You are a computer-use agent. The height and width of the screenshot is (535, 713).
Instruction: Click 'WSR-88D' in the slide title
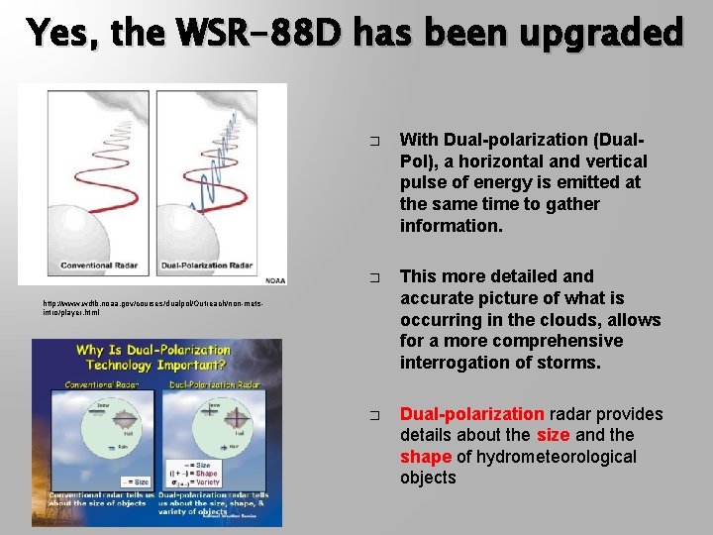click(x=277, y=34)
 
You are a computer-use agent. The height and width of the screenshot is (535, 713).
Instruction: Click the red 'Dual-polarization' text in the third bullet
click(x=471, y=414)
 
